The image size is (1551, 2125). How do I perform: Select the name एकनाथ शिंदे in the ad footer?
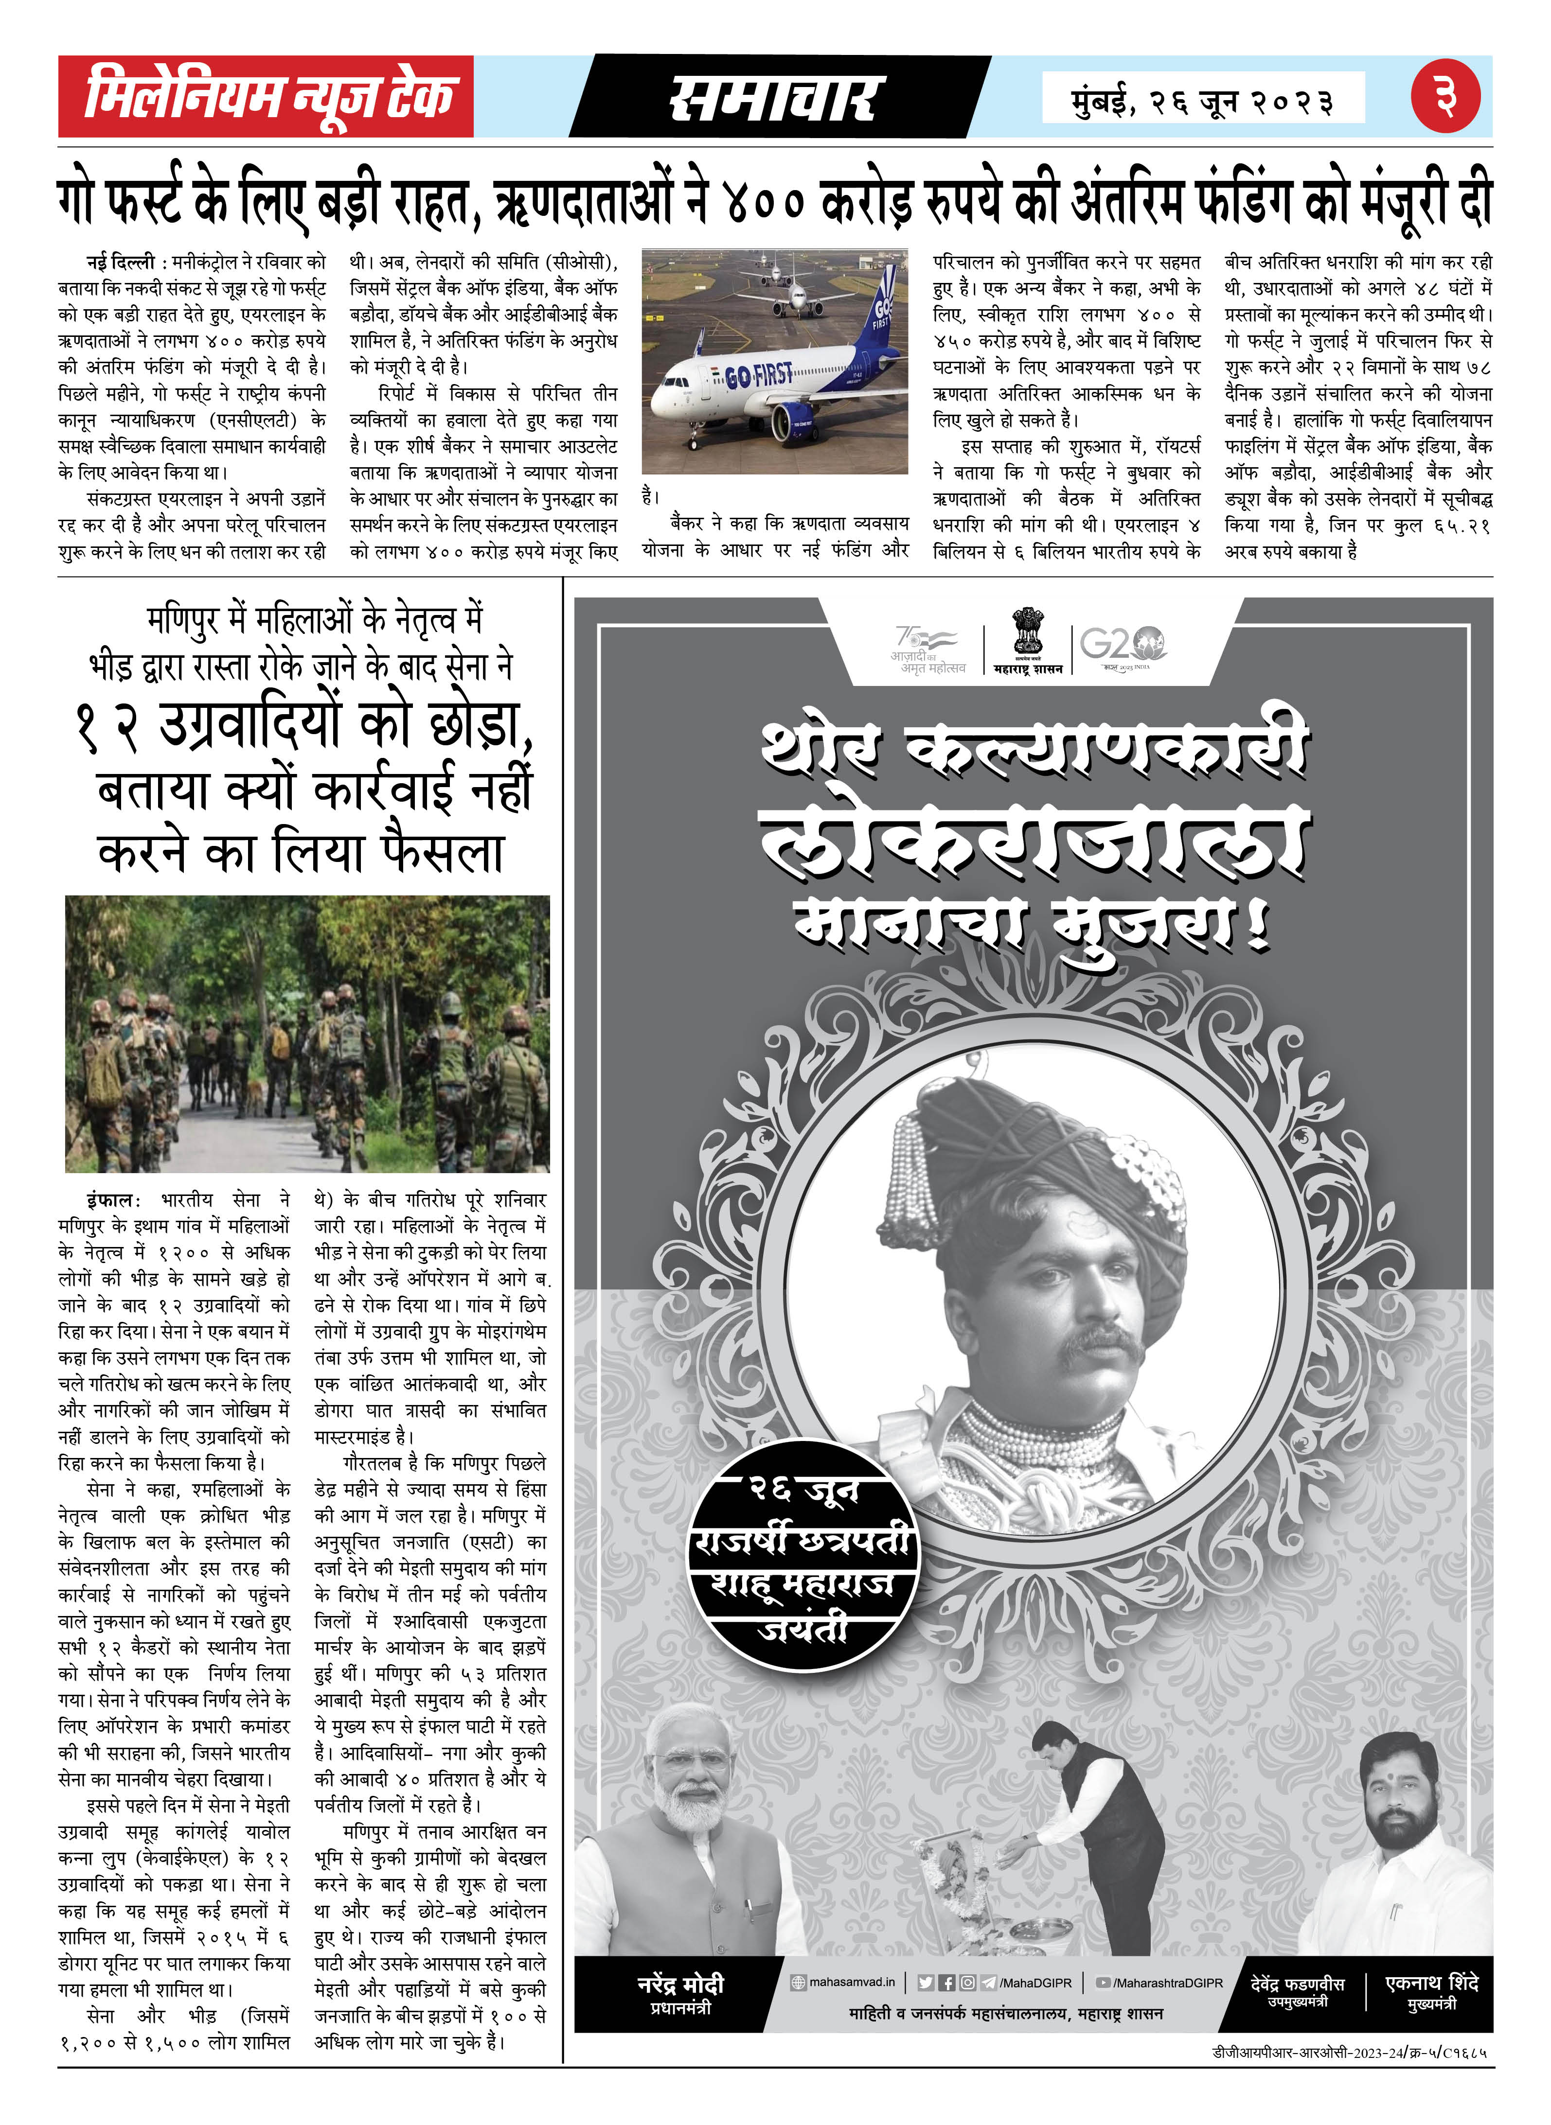click(x=1432, y=1983)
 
